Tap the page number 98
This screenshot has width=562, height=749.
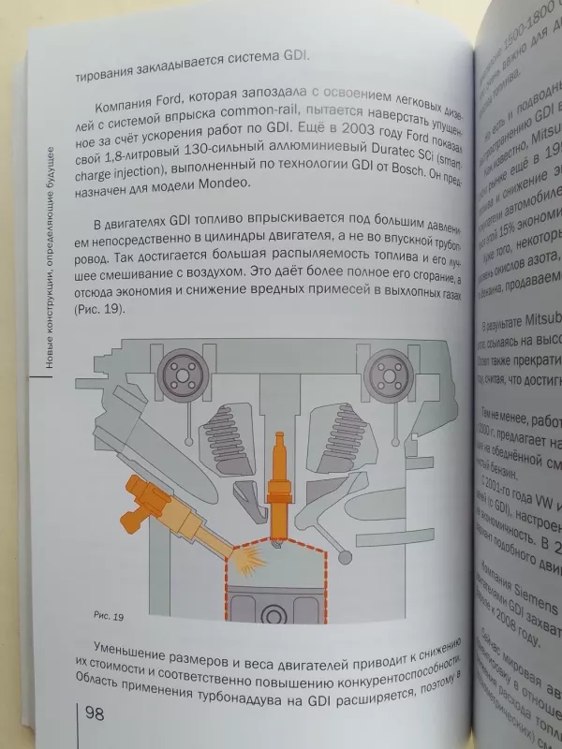98,714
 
